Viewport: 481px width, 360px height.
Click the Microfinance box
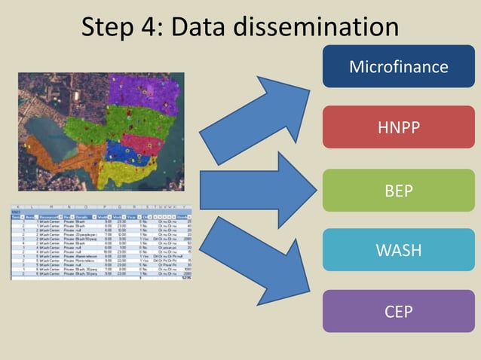point(398,66)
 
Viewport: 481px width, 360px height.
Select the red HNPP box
point(398,128)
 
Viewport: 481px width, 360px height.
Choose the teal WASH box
point(398,249)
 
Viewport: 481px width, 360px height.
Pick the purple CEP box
point(398,311)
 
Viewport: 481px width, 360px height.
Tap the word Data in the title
point(201,28)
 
